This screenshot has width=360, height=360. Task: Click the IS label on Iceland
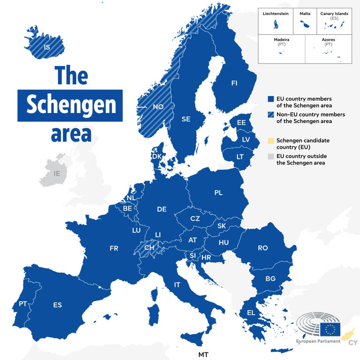[46, 47]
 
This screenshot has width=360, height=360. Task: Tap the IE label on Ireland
[57, 173]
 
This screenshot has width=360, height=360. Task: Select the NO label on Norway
[158, 107]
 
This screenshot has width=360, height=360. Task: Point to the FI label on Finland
[234, 83]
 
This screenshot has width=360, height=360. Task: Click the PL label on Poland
[218, 193]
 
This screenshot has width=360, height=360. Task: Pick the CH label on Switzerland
[149, 247]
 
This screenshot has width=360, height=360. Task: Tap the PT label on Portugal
[23, 304]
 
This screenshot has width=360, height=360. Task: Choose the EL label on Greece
[251, 313]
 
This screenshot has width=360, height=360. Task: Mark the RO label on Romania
[263, 248]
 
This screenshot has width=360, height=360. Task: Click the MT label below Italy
[203, 354]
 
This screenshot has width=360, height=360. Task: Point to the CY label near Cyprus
[353, 343]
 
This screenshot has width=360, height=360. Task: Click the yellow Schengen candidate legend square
[270, 141]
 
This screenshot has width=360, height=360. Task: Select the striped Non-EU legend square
[270, 114]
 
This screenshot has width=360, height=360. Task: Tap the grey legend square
[270, 156]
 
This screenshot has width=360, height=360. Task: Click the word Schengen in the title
[71, 105]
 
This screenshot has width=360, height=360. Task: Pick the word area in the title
[71, 134]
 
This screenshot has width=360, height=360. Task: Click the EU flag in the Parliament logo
[330, 330]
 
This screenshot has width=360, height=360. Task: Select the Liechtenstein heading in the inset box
[275, 14]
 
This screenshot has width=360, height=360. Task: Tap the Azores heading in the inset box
[328, 40]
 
